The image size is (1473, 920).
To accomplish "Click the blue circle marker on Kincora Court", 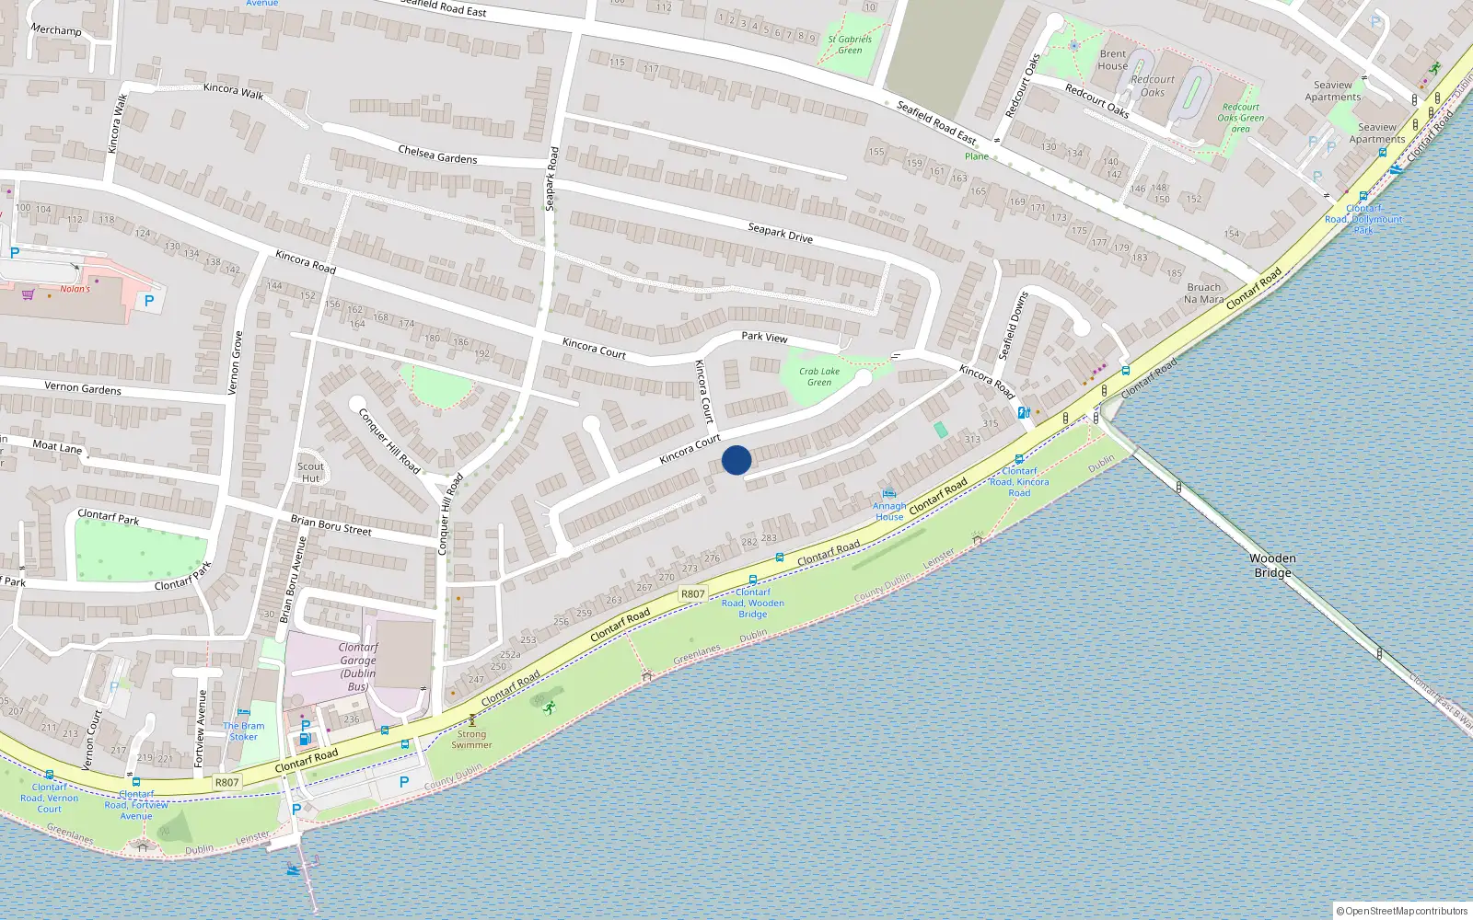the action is (736, 460).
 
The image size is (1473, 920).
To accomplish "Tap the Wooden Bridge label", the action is (1272, 565).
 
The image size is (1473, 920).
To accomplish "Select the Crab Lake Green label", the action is (819, 376).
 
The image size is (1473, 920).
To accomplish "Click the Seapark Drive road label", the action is (780, 232).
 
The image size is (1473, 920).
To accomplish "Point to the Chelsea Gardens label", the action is (437, 154).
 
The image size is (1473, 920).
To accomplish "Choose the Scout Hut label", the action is (311, 472).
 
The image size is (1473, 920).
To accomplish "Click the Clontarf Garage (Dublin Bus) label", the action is (358, 667).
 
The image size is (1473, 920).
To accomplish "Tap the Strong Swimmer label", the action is (471, 739).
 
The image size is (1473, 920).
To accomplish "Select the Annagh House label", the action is (889, 512).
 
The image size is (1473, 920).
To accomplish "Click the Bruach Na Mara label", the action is (1203, 293).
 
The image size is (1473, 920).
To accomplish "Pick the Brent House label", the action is (1112, 60).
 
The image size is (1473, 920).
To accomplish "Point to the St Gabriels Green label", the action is (850, 44).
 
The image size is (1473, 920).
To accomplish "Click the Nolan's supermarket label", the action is (75, 289).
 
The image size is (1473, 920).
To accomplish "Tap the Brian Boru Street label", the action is (331, 525).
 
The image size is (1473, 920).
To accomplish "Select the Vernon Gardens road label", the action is (83, 388).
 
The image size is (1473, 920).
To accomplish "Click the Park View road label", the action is (764, 337).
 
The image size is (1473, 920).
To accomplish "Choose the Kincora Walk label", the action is (233, 89).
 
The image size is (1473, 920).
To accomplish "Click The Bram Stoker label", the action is (244, 731).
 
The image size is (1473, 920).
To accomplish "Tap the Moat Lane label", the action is (57, 446).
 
